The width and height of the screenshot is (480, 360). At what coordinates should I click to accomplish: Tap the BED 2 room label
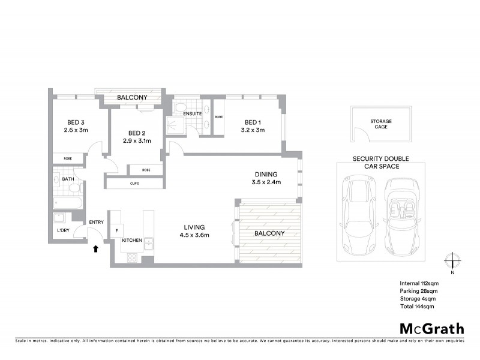click(x=137, y=133)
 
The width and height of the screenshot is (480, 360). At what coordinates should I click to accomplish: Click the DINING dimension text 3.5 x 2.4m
click(x=266, y=182)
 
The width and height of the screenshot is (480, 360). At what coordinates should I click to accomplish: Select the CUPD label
click(x=135, y=184)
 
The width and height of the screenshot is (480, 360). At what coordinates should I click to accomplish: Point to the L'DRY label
click(x=63, y=230)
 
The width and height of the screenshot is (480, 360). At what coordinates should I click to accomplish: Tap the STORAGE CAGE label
click(x=381, y=125)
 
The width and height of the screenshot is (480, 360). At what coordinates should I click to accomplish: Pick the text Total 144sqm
click(x=416, y=306)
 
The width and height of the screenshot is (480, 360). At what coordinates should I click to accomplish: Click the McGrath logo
click(x=431, y=328)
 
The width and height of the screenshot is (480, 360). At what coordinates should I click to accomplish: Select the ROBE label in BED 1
click(x=218, y=117)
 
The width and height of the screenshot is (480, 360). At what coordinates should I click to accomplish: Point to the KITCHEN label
click(x=132, y=240)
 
